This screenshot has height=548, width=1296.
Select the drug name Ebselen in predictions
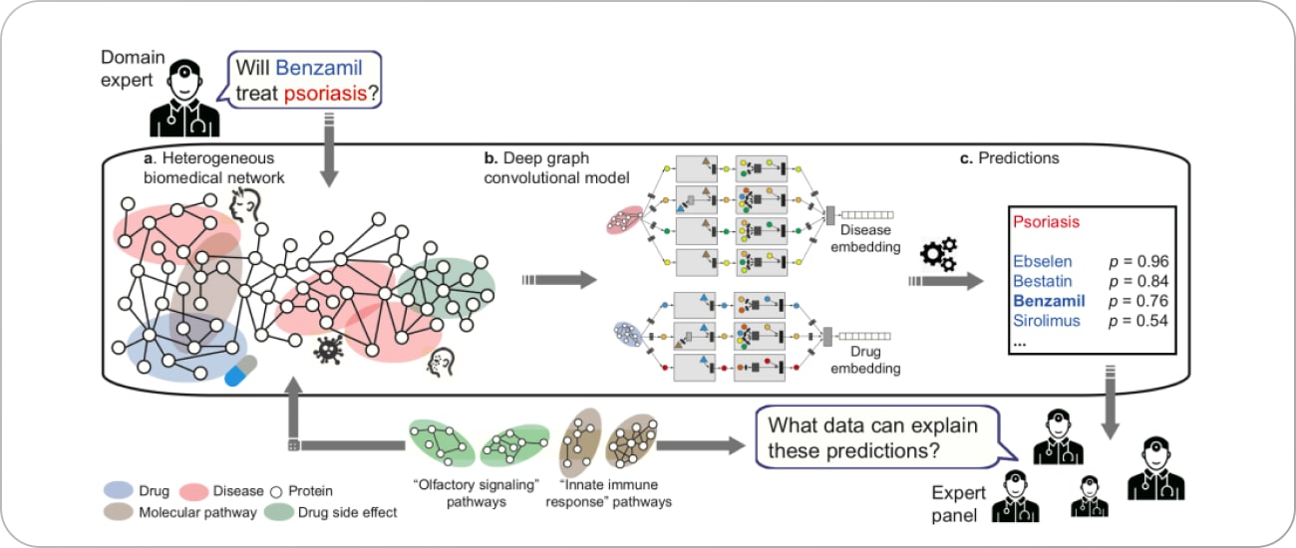click(x=1043, y=261)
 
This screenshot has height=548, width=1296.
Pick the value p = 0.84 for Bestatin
click(x=1137, y=281)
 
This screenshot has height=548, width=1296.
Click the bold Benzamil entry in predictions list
click(x=1047, y=301)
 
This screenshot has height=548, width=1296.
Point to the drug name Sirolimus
click(x=1046, y=321)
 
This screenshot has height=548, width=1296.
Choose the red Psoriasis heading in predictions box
click(x=1045, y=222)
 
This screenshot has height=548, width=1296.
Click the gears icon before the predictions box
click(x=938, y=255)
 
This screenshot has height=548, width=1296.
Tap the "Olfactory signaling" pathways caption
click(x=465, y=493)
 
